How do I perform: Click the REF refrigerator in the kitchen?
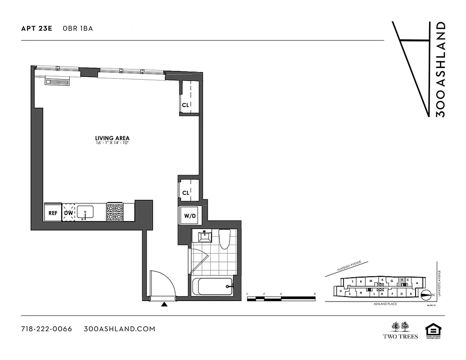tap(53, 213)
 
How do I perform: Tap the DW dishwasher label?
tap(68, 213)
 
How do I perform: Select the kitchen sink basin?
tap(85, 211)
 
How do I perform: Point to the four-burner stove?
tap(114, 212)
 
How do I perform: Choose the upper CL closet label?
tap(185, 105)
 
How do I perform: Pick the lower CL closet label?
tap(185, 193)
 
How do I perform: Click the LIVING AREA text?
tap(113, 138)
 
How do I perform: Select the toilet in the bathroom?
tap(224, 238)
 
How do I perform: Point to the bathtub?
tap(212, 287)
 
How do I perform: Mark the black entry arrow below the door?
tap(164, 305)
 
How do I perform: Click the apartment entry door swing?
tap(161, 283)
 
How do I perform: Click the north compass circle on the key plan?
tap(425, 294)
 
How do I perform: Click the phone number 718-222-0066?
tap(46, 329)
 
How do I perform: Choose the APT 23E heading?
tap(36, 28)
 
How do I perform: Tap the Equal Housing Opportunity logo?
tap(432, 330)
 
